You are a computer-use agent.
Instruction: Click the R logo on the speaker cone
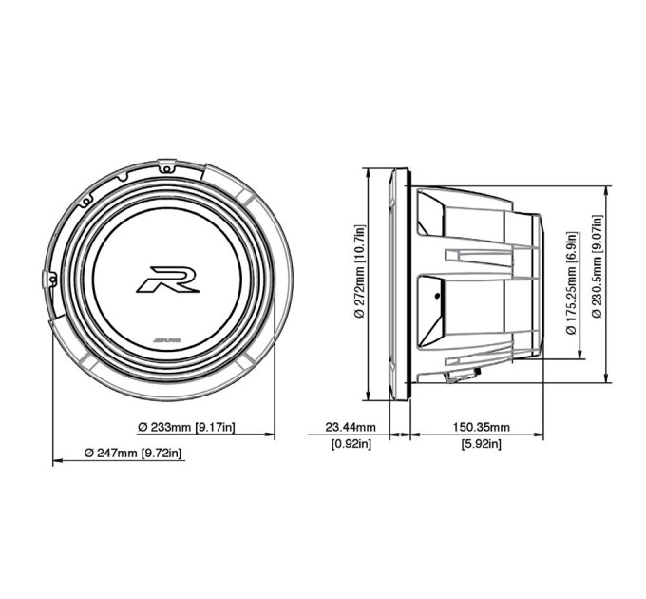coord(168,280)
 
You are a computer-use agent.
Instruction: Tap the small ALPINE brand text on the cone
coord(168,341)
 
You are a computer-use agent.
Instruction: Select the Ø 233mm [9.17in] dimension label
coord(186,427)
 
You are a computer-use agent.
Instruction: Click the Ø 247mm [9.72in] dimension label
coord(133,454)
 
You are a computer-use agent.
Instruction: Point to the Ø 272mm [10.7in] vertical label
coord(360,271)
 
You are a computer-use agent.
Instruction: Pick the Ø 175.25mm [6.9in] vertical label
coord(571,283)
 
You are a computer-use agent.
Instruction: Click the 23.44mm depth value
coord(351,427)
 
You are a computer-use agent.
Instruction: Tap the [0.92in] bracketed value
coord(351,444)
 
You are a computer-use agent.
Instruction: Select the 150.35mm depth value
coord(482,427)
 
